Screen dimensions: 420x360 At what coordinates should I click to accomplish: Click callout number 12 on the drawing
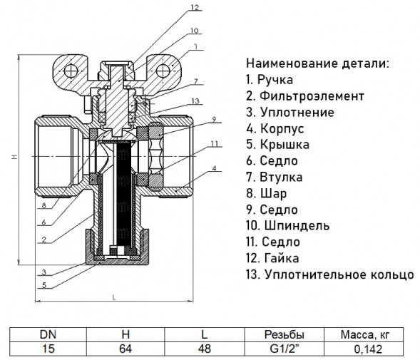[195, 7]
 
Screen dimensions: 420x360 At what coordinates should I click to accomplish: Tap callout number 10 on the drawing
[195, 31]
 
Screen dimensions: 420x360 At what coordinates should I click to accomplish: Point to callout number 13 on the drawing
[195, 101]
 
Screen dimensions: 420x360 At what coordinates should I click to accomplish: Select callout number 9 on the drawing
[214, 120]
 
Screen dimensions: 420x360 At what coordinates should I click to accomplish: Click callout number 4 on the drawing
[214, 168]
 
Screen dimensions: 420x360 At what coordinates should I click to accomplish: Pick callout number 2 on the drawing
[44, 240]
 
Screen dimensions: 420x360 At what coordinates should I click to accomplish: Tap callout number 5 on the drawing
[44, 285]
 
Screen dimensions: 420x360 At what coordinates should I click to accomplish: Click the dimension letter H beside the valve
[14, 157]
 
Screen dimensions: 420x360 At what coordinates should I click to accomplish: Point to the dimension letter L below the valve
[114, 297]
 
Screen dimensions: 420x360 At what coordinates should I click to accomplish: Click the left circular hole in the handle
[71, 71]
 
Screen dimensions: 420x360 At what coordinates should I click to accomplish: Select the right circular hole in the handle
[163, 71]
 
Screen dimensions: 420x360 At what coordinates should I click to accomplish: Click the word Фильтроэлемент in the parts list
[312, 96]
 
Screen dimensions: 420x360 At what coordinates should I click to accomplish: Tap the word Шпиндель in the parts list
[297, 226]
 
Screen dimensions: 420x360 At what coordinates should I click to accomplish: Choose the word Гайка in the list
[282, 258]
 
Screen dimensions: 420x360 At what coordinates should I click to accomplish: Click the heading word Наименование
[292, 63]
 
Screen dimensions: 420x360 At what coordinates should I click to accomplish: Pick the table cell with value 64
[126, 349]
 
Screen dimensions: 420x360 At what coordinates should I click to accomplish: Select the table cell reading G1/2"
[285, 349]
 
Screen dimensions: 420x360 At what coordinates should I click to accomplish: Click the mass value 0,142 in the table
[368, 349]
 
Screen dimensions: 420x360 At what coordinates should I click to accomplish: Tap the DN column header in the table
[48, 334]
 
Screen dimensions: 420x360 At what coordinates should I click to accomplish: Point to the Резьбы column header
[285, 334]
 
